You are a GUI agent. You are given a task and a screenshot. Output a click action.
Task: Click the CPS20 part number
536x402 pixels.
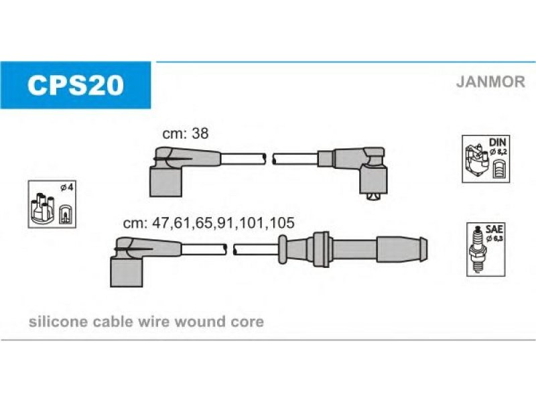click(75, 86)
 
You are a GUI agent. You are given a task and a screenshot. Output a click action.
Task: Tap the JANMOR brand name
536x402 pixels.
click(490, 82)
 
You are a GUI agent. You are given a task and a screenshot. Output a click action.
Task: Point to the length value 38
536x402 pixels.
click(200, 133)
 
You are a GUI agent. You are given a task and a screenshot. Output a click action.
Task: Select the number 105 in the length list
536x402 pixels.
click(281, 223)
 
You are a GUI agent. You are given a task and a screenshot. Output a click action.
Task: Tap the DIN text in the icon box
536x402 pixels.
click(497, 142)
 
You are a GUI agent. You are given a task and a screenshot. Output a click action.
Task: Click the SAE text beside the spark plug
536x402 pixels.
click(494, 229)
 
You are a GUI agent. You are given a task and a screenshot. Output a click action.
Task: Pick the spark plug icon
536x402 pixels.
click(478, 249)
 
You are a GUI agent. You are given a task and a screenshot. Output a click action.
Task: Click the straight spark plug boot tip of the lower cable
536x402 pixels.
click(401, 249)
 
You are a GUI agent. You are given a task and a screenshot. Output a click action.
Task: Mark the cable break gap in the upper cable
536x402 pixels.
click(269, 159)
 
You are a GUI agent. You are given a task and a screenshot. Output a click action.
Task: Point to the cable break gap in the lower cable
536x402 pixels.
click(230, 249)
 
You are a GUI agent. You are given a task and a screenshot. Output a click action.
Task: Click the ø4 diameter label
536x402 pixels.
click(66, 188)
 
